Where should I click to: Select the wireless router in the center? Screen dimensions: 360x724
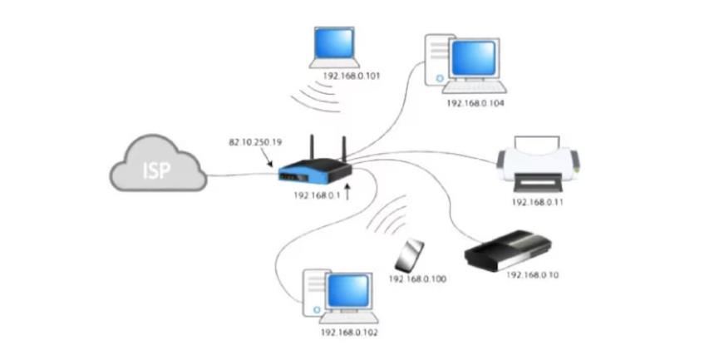pos(314,170)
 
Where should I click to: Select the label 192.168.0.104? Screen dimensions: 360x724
pos(475,103)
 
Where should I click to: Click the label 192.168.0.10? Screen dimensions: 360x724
pos(532,274)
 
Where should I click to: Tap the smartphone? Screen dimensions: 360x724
pos(409,255)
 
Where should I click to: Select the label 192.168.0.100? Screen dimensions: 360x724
pos(417,279)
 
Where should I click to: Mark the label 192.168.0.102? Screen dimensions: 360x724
pos(349,333)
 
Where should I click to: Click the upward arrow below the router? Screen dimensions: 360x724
pos(347,195)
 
